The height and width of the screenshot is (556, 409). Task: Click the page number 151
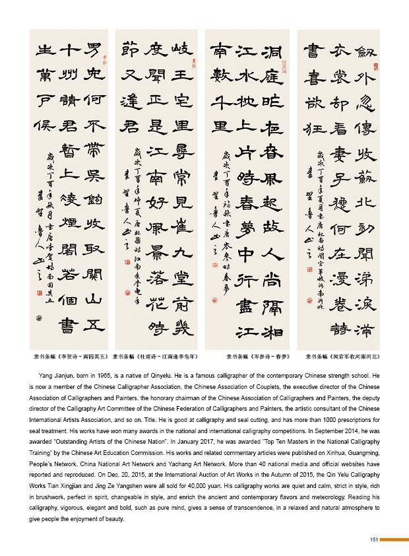click(x=373, y=539)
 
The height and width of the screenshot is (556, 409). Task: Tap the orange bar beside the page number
click(x=394, y=539)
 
